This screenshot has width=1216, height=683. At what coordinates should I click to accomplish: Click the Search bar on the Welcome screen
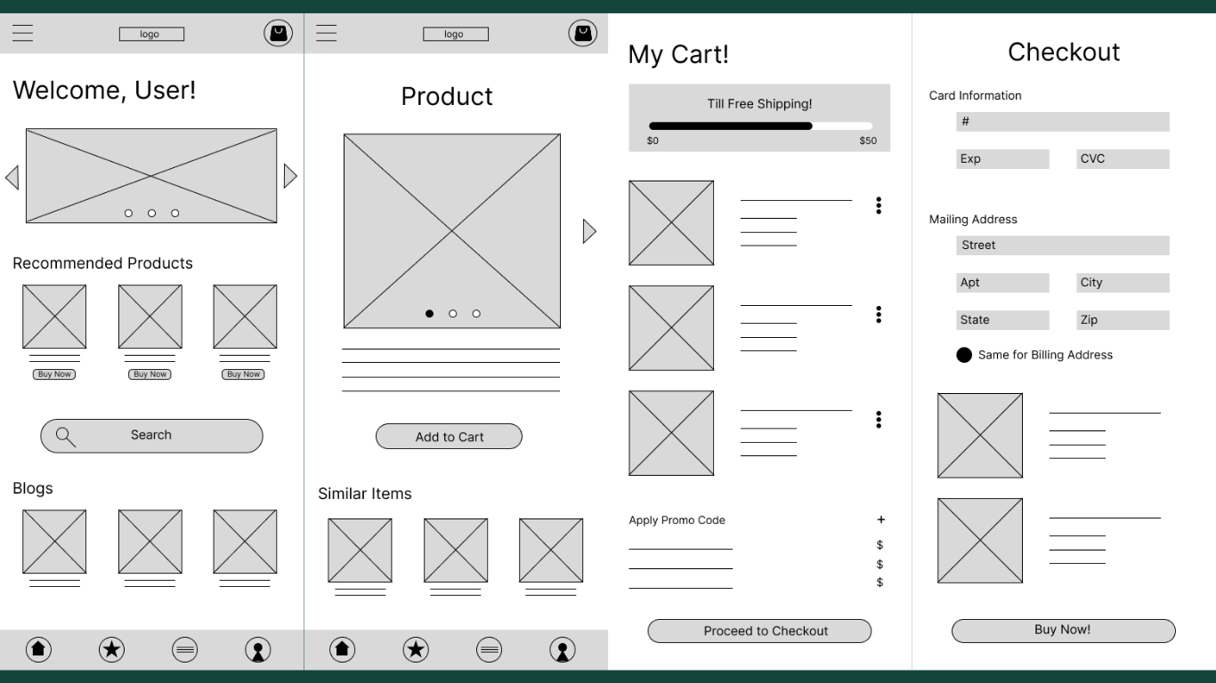point(151,436)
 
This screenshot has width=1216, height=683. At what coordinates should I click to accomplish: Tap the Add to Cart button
point(449,437)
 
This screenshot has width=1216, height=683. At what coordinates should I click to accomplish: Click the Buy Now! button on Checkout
point(1063,631)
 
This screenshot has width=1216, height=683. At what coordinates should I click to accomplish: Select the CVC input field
point(1123,159)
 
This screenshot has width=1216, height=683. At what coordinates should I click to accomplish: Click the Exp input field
point(1002,159)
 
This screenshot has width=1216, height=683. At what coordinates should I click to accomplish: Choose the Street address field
point(1062,245)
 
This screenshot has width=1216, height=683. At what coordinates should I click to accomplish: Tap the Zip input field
point(1123,320)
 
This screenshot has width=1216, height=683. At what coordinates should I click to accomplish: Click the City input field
point(1123,283)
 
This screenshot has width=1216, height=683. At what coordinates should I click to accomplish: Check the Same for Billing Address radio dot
point(964,355)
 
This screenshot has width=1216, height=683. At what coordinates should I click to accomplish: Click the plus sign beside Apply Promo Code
point(880,519)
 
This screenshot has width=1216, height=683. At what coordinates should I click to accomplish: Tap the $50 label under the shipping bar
point(867,141)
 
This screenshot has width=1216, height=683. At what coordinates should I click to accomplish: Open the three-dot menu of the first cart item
point(879,205)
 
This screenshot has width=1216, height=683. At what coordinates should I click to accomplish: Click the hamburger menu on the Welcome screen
point(22,34)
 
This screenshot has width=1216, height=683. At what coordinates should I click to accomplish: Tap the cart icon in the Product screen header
point(583,34)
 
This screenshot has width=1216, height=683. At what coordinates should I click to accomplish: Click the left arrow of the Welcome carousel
point(12,177)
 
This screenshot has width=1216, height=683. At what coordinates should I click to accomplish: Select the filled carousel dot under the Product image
point(429,314)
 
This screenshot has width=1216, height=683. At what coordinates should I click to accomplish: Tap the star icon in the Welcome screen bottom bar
point(111,650)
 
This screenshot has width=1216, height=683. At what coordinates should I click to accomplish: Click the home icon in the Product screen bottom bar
point(342,650)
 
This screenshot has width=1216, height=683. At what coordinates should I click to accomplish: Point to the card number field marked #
point(1062,122)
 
